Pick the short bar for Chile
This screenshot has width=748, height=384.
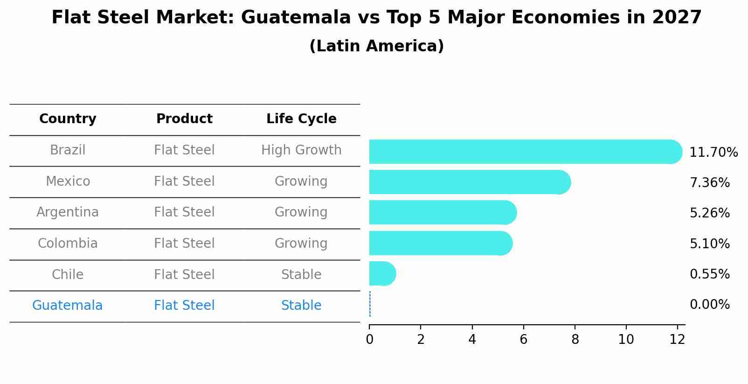click(x=382, y=273)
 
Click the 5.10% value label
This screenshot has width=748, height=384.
click(x=709, y=244)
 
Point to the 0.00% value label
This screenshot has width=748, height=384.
click(x=709, y=305)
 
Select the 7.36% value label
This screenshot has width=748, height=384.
click(x=709, y=182)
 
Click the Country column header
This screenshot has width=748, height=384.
click(x=68, y=119)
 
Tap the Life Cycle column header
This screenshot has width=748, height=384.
click(x=301, y=119)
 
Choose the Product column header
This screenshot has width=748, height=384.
click(x=184, y=119)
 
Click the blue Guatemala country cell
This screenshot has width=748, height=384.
click(x=67, y=306)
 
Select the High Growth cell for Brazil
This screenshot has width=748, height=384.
click(x=301, y=150)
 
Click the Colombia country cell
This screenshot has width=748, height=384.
click(x=68, y=244)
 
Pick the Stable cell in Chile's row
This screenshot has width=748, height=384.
click(x=301, y=275)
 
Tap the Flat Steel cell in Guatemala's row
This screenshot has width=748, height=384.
click(x=184, y=306)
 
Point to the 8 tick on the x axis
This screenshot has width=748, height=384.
click(x=575, y=340)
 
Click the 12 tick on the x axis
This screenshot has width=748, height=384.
click(x=677, y=340)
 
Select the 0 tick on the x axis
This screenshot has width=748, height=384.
click(x=370, y=340)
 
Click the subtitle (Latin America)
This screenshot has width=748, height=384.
click(x=376, y=46)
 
